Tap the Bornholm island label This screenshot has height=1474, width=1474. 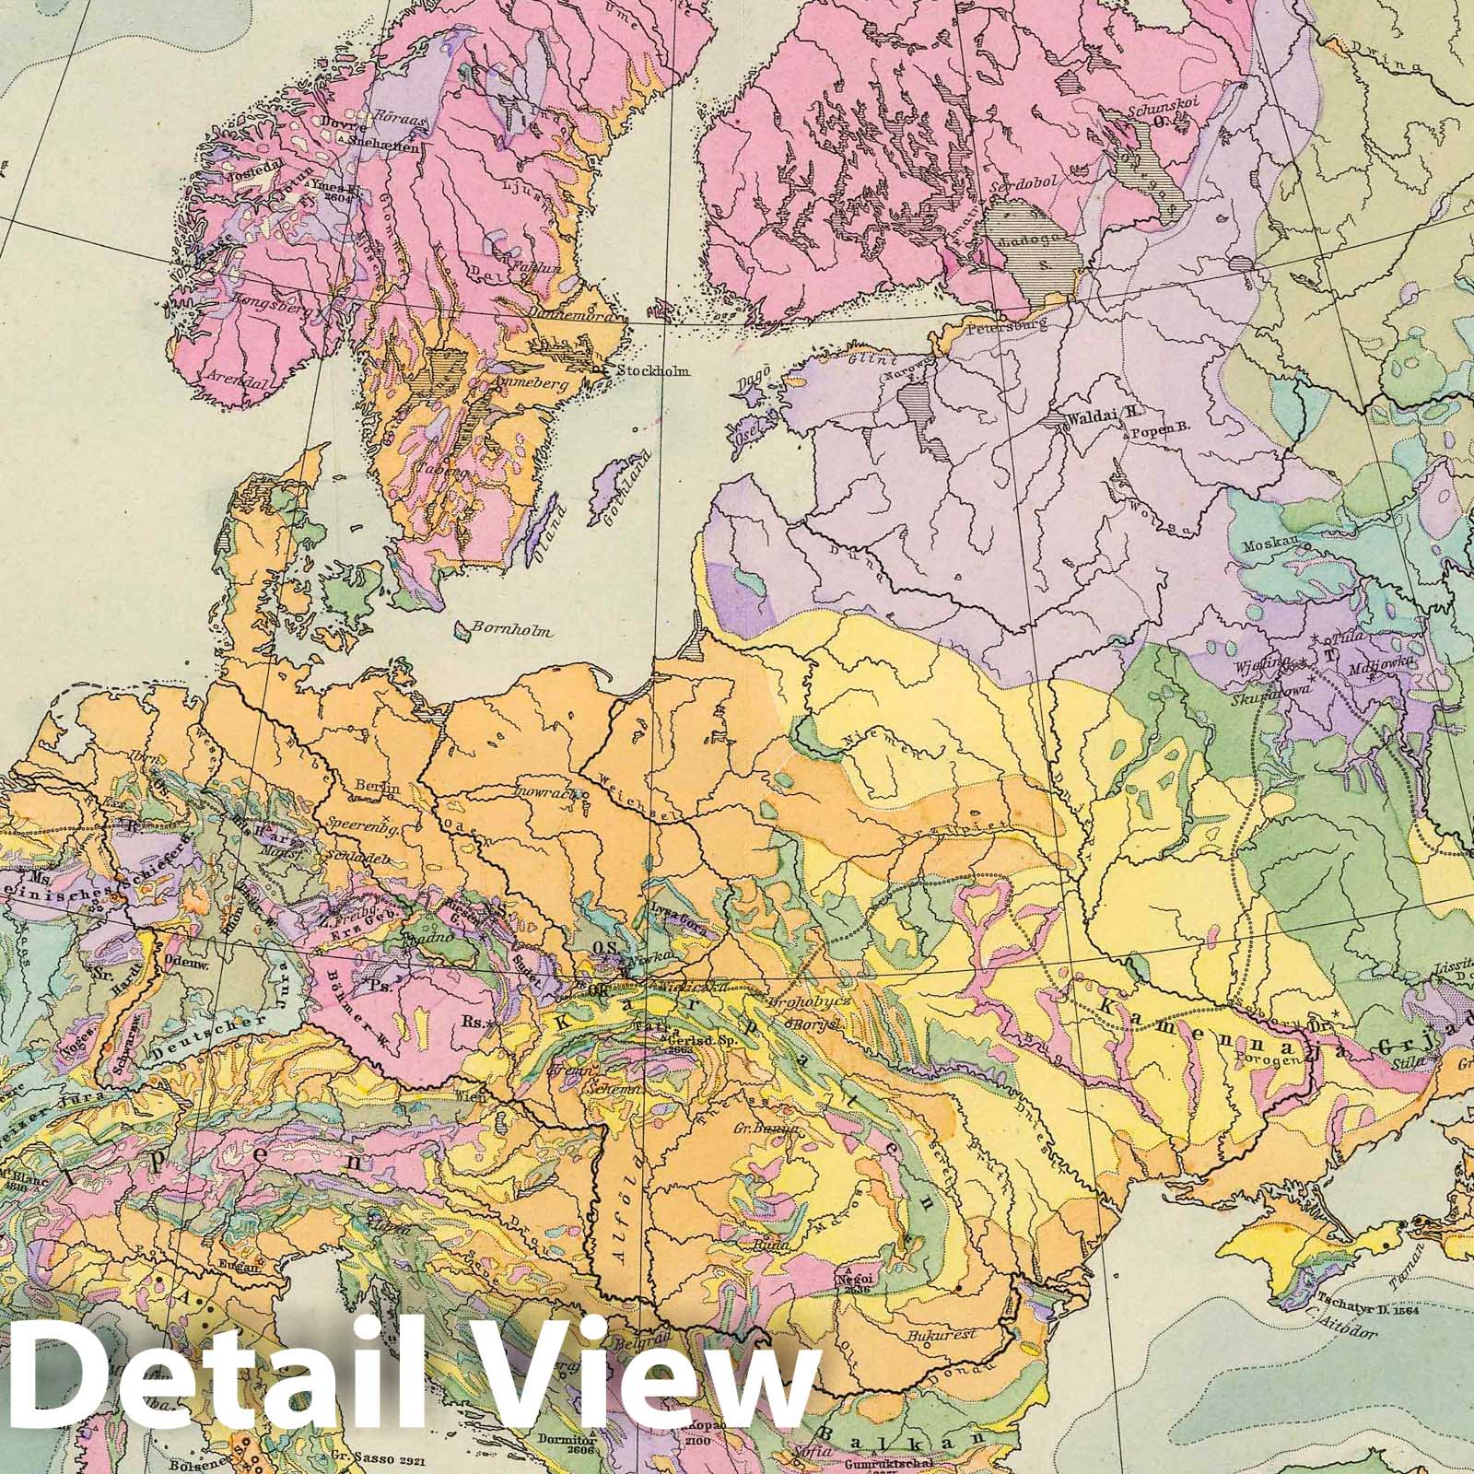512,632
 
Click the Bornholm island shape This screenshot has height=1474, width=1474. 460,631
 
